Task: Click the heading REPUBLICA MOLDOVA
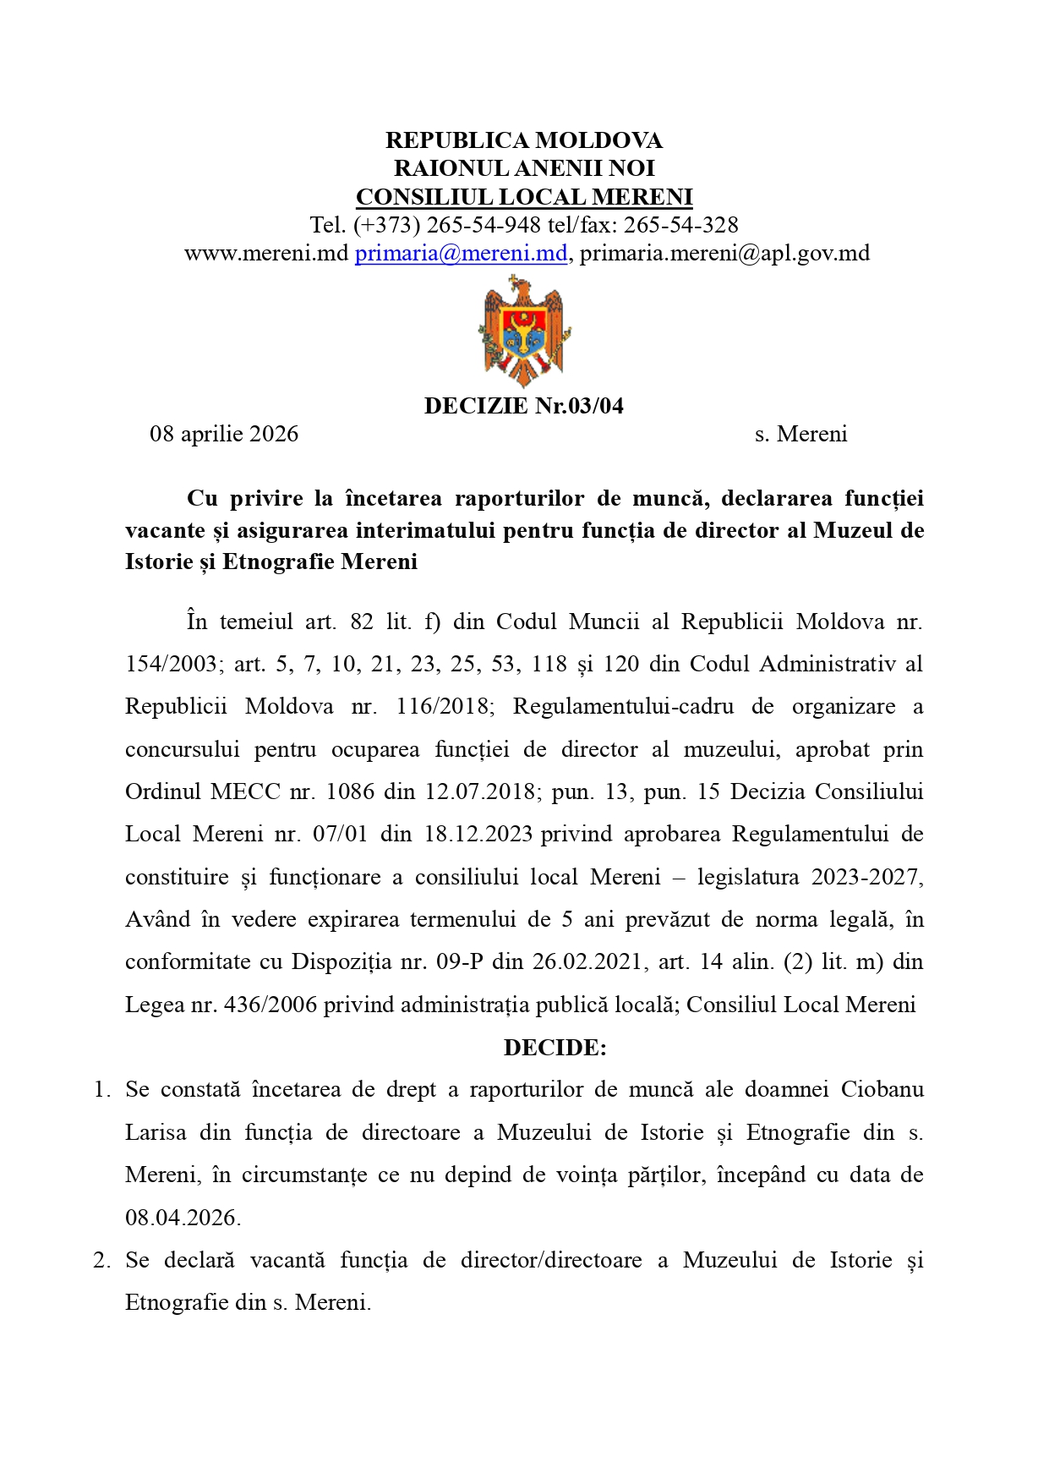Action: tap(523, 140)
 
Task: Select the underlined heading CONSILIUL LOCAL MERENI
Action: tap(523, 197)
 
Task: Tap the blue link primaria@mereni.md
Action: tap(461, 253)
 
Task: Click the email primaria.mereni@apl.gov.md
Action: tap(724, 253)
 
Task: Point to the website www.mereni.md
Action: tap(266, 253)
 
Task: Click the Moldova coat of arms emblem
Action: tap(523, 331)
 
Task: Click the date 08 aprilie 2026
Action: tap(224, 435)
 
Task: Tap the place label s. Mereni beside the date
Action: tap(800, 435)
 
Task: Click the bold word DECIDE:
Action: tap(555, 1048)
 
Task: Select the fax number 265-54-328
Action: tap(680, 225)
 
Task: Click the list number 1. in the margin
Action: tap(101, 1090)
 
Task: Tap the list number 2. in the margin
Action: tap(101, 1261)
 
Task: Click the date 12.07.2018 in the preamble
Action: tap(480, 792)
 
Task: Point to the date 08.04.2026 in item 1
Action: tap(183, 1218)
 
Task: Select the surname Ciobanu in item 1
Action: tap(882, 1090)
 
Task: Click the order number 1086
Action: tap(350, 792)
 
